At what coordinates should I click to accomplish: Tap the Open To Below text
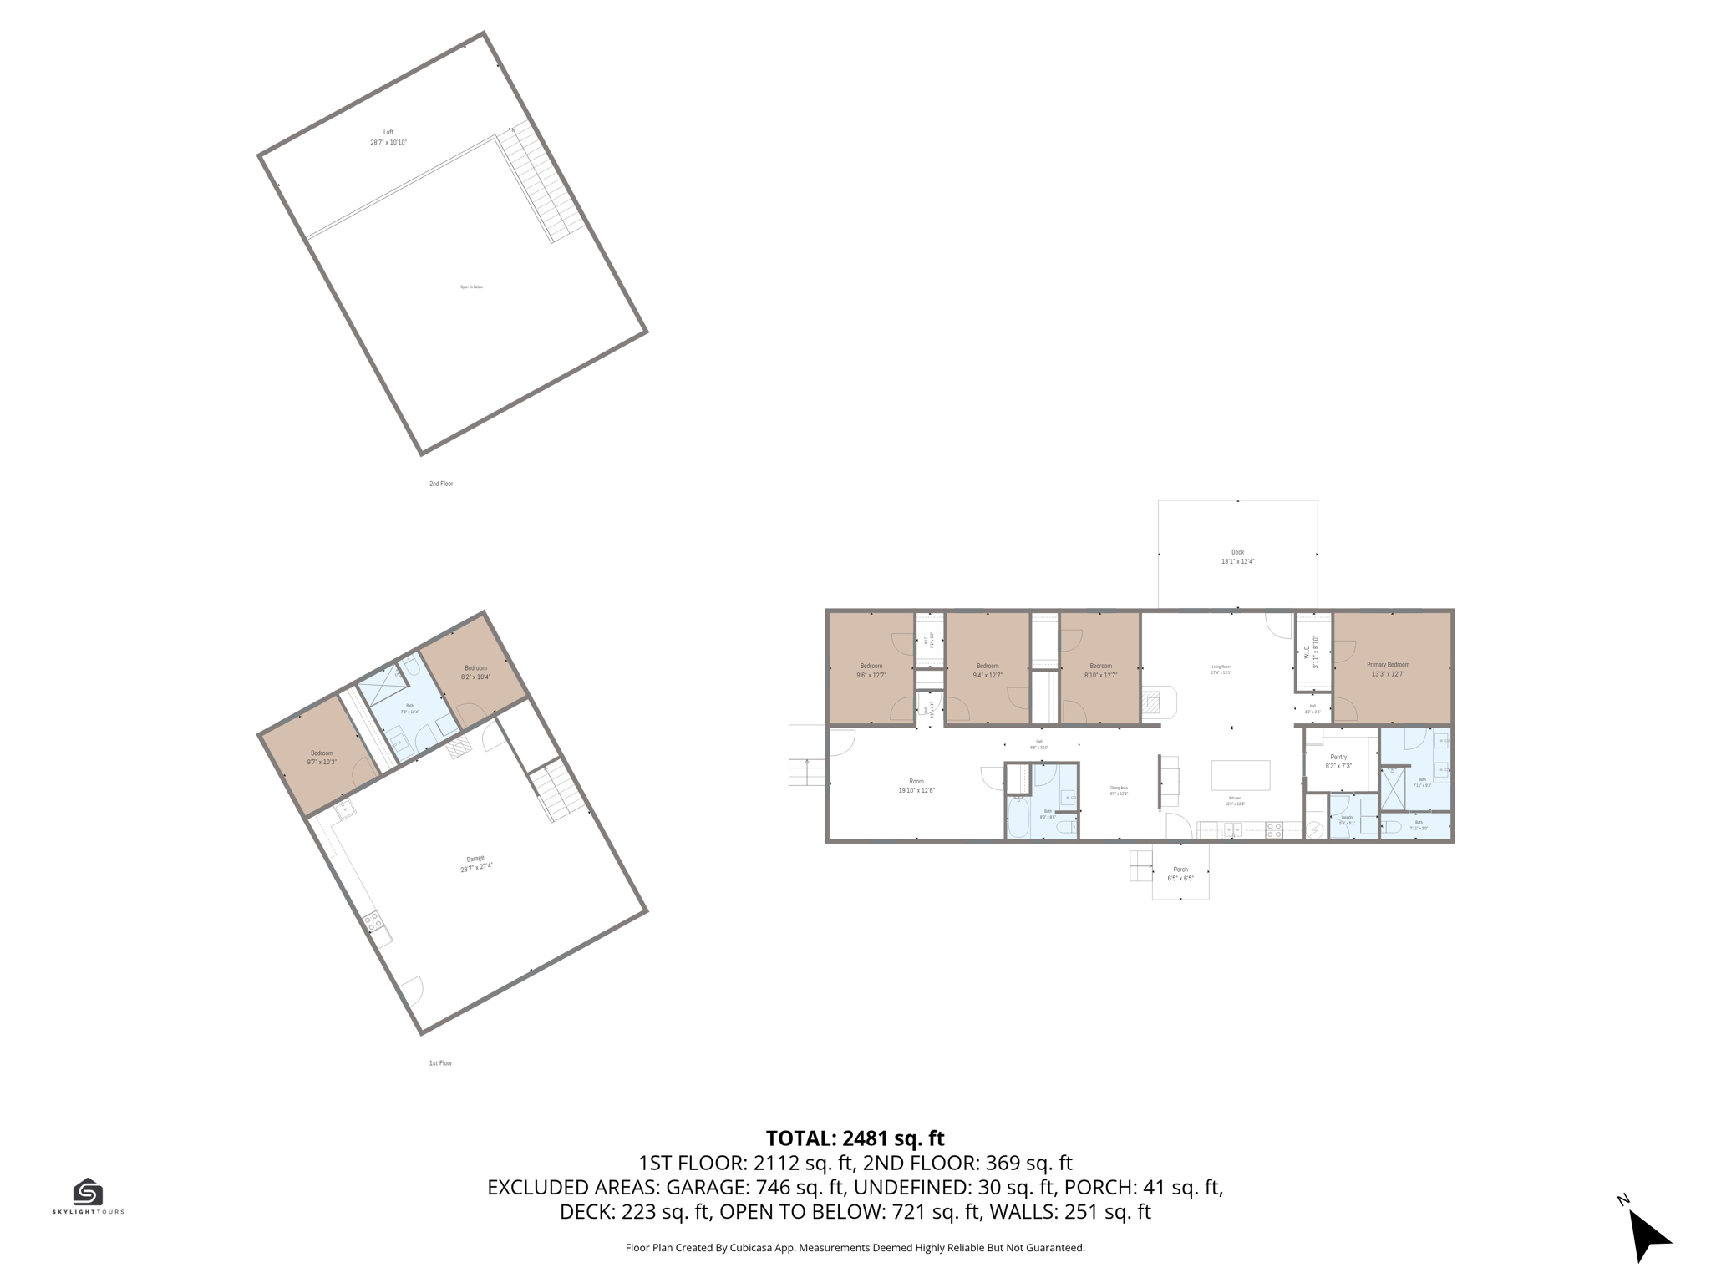click(471, 287)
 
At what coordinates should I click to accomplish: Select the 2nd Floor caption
click(441, 484)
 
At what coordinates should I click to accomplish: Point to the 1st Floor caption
click(440, 1063)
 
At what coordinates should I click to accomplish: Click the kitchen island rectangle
click(1241, 775)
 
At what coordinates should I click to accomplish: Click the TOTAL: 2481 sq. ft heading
click(855, 1138)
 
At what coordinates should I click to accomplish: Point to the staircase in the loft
click(545, 181)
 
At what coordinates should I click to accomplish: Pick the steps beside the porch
click(1140, 865)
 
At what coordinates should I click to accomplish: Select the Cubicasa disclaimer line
click(855, 1248)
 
